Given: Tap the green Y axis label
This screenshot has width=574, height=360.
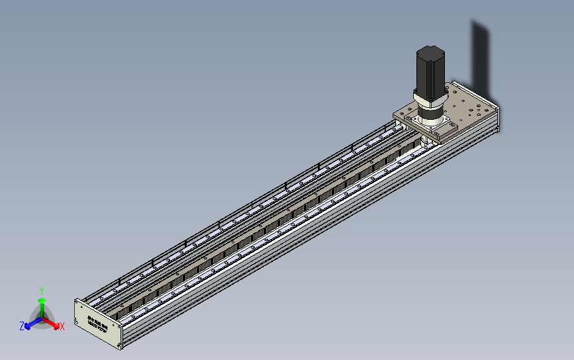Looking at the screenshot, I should (42, 291).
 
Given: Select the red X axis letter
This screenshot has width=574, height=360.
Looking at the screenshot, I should (62, 326).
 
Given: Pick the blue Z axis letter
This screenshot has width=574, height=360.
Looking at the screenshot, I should (21, 326).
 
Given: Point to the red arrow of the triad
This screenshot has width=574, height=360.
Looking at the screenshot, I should (53, 324).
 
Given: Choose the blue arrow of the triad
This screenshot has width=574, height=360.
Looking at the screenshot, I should (30, 323).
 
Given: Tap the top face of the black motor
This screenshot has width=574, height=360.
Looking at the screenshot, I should (429, 52).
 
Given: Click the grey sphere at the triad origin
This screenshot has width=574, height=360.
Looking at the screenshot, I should (42, 320).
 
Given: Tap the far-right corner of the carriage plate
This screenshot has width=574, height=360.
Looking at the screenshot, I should (497, 105).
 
